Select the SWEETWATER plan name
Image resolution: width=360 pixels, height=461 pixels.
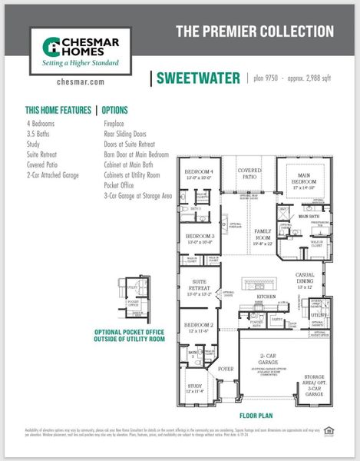pyautogui.click(x=199, y=78)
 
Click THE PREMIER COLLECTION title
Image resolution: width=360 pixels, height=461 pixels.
pyautogui.click(x=255, y=32)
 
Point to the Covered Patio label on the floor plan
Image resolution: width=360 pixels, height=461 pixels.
pyautogui.click(x=249, y=174)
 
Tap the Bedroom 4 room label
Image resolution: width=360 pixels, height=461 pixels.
pyautogui.click(x=199, y=173)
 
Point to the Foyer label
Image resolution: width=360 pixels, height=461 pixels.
pyautogui.click(x=226, y=369)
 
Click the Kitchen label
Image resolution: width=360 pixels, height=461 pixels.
pyautogui.click(x=266, y=296)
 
